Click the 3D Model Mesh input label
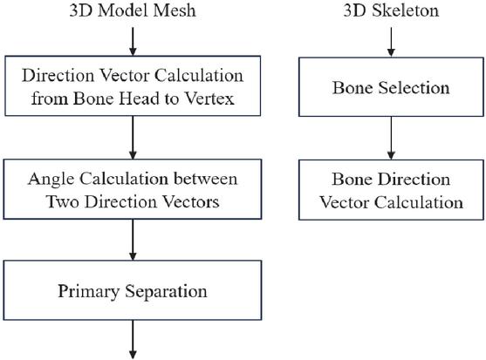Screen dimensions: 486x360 133,10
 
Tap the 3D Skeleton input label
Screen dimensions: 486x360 391,10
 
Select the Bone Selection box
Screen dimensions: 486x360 391,87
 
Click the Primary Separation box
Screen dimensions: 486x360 133,290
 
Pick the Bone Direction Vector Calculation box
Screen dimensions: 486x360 391,190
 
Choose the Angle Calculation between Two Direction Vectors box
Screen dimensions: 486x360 133,189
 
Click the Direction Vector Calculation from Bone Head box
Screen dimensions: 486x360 133,86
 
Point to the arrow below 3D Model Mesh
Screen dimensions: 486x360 133,42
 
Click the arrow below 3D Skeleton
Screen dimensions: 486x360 391,42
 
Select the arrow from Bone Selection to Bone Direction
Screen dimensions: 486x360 391,138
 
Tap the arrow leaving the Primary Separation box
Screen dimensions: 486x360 133,340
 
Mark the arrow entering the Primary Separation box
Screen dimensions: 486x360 133,240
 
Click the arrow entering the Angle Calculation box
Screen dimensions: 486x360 133,138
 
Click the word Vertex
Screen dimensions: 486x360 209,98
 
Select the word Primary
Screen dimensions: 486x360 89,292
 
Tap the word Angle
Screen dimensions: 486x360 51,180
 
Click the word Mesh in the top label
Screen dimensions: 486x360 175,10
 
